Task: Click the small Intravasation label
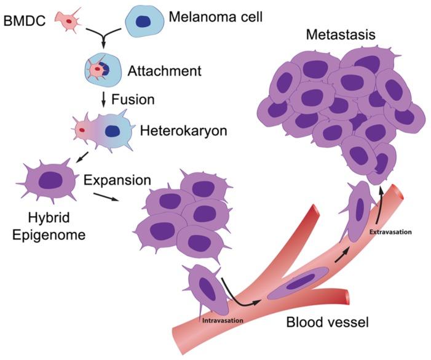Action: coord(222,320)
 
